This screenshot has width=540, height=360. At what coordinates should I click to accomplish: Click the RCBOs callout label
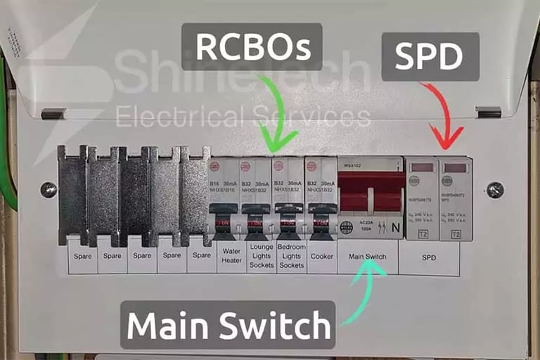[x=251, y=47]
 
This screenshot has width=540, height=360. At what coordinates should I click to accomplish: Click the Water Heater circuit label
[x=231, y=256]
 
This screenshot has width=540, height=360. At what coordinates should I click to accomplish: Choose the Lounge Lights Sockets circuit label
[x=262, y=256]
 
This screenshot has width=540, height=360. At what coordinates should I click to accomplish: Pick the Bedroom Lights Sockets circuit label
[x=291, y=256]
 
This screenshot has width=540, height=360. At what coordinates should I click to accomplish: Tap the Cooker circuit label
[x=321, y=256]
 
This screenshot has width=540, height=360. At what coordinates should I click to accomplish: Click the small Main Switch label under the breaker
[x=366, y=256]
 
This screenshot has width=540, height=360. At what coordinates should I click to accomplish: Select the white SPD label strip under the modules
[x=429, y=257]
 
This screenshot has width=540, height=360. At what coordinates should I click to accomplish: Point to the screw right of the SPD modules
[x=495, y=189]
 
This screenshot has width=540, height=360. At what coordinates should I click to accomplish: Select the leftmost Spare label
[x=82, y=256]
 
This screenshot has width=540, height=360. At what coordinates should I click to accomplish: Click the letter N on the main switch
[x=394, y=227]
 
